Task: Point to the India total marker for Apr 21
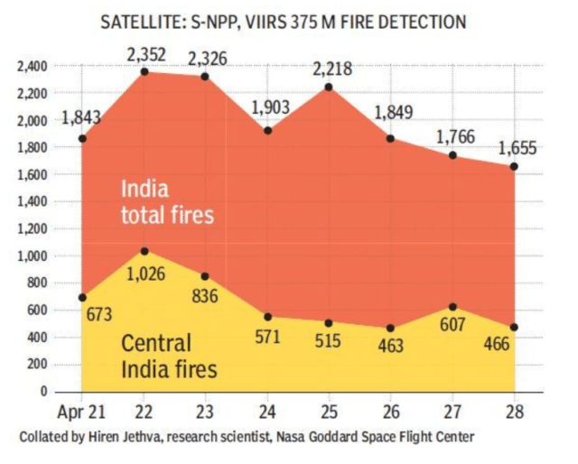click(83, 139)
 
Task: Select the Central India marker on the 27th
click(452, 307)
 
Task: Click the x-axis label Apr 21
click(82, 413)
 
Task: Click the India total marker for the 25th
click(329, 88)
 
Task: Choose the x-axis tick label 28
click(513, 413)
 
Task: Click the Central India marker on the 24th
click(267, 317)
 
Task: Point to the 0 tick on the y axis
click(42, 392)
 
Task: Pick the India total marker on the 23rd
click(206, 76)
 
